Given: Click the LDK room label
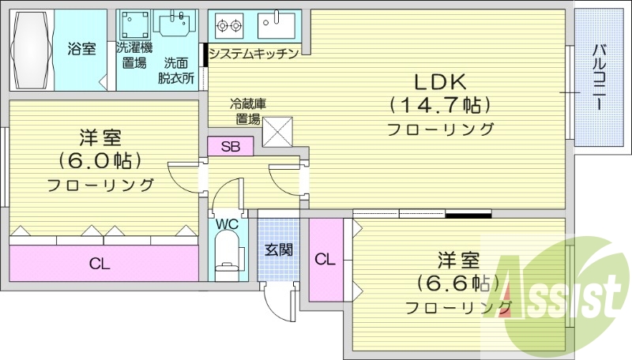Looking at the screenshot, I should point(439,81).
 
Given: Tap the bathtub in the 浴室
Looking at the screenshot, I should point(32,50).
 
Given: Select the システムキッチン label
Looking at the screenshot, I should point(253,54).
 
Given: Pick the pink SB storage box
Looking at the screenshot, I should point(230,147).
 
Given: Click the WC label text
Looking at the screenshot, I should point(228,223).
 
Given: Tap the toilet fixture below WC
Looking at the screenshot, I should point(228,258).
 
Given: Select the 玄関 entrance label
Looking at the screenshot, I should point(278,250).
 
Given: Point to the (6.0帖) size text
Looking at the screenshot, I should point(100,161).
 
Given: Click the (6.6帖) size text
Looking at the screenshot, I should point(457,283).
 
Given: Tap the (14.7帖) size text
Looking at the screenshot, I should point(439,105).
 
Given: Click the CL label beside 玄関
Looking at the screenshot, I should point(324,258).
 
